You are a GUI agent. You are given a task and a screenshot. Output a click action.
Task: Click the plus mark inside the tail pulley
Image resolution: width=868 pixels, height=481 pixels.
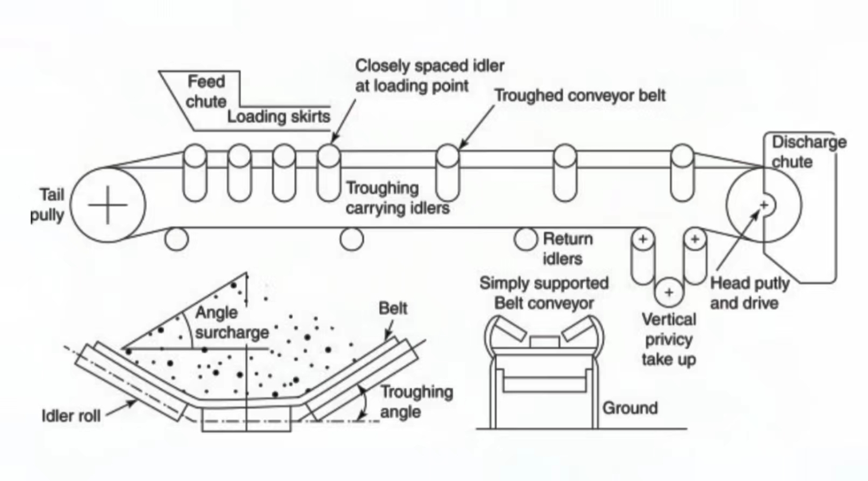click(x=108, y=205)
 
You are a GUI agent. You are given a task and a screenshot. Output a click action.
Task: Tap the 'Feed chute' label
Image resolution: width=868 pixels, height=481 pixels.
click(x=206, y=91)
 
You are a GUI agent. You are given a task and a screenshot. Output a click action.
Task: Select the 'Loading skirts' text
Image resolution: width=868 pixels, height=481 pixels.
click(x=278, y=116)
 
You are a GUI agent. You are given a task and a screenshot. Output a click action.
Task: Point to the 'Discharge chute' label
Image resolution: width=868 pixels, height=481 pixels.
click(x=808, y=152)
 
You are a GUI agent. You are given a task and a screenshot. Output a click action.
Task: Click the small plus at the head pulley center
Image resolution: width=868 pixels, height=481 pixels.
click(x=764, y=204)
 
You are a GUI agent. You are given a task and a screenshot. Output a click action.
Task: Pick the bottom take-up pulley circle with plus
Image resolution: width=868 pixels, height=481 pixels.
click(x=669, y=292)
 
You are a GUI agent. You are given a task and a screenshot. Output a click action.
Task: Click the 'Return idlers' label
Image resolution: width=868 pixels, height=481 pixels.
click(x=567, y=248)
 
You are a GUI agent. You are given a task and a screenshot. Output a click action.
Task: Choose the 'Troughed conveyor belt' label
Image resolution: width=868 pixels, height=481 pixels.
click(x=579, y=96)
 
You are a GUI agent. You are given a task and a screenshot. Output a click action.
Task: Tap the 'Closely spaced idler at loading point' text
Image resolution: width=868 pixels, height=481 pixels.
click(x=429, y=76)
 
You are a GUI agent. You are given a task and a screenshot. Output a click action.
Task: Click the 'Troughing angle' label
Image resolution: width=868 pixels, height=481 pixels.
click(x=416, y=402)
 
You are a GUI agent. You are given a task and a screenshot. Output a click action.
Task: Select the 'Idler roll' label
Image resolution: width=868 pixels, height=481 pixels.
click(x=71, y=416)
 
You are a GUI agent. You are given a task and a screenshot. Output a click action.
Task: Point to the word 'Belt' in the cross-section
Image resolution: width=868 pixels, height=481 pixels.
click(x=393, y=308)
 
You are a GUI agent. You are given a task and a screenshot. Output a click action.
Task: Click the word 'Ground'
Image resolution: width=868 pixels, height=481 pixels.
click(x=630, y=408)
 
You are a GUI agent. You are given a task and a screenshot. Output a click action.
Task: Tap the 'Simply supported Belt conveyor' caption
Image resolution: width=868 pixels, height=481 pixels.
click(x=543, y=293)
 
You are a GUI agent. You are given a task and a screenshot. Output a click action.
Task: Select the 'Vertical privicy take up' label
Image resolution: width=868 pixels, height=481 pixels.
click(x=668, y=339)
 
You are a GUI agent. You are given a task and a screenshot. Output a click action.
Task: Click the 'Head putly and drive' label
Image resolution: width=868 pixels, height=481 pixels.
click(x=749, y=293)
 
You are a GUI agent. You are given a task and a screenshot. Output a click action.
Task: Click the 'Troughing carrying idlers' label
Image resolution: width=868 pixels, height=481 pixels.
click(x=397, y=198)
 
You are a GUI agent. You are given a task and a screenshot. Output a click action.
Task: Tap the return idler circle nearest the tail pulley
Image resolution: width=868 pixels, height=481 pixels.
click(x=176, y=238)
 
